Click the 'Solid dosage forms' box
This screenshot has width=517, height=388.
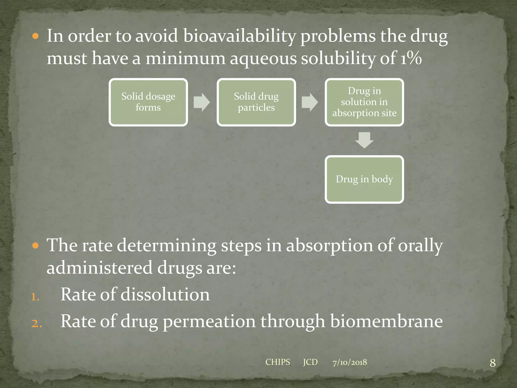tap(148, 102)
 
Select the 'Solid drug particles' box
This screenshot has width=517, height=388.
tap(256, 102)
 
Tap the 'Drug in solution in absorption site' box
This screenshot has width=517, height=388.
tap(364, 102)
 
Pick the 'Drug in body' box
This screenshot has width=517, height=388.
tap(364, 179)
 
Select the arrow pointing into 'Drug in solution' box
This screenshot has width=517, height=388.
tap(310, 102)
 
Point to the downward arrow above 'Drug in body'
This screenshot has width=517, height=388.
tap(364, 140)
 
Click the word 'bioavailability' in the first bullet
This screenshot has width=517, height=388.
tap(239, 36)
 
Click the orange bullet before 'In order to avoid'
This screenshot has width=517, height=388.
tap(36, 36)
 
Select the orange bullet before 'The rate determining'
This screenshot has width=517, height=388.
tap(36, 246)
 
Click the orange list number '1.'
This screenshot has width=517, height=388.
tap(35, 297)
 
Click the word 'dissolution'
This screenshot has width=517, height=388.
tap(165, 295)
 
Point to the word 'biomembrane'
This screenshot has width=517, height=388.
tap(386, 321)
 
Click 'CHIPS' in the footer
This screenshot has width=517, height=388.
tap(278, 362)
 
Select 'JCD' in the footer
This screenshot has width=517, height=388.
tap(310, 362)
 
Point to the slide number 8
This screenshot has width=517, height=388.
tap(493, 363)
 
